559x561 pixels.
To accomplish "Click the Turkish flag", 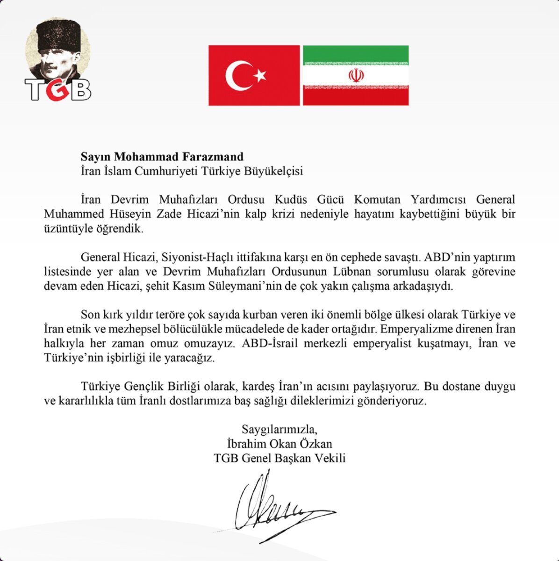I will coord(254,75).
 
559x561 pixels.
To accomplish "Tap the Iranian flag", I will coord(356,75).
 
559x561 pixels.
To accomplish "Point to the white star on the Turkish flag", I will coord(260,75).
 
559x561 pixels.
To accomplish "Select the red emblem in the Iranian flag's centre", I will coord(356,75).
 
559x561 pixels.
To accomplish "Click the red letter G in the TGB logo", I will coord(58,90).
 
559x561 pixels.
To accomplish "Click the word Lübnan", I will coord(356,272).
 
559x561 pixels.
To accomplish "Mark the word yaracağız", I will coord(192,359).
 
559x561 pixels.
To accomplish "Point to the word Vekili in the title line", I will coord(329,458).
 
